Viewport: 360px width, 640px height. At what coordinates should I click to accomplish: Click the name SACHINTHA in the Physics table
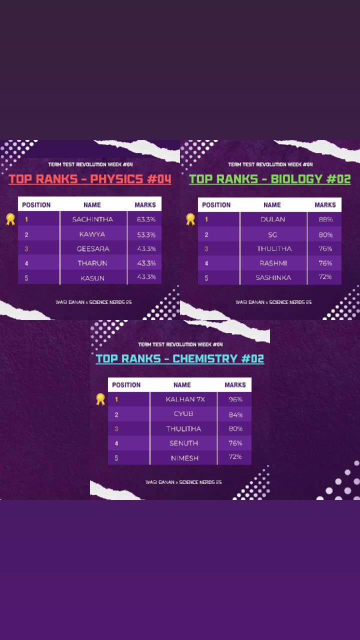[x=92, y=219]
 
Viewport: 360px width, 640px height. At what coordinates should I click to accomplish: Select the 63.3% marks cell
[x=146, y=219]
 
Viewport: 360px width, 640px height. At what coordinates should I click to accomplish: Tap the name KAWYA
[x=92, y=234]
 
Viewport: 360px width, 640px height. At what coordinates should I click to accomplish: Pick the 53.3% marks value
[x=146, y=234]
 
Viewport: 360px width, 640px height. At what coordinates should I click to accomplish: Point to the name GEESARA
[x=93, y=248]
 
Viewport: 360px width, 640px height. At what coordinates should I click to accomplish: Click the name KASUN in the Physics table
[x=92, y=278]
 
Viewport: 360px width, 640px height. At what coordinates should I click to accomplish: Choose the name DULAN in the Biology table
[x=272, y=219]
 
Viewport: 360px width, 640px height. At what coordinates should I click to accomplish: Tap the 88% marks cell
[x=325, y=219]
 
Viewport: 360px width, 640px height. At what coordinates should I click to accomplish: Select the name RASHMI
[x=273, y=263]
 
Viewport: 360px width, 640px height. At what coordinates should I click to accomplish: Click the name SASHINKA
[x=273, y=277]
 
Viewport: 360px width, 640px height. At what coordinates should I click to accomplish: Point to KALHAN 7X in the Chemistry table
[x=185, y=399]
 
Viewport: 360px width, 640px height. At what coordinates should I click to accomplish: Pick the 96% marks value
[x=235, y=399]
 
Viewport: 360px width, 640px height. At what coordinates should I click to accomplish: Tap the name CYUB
[x=183, y=413]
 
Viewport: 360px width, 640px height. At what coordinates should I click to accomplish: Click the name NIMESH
[x=184, y=458]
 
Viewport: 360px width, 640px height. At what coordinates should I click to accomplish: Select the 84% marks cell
[x=235, y=414]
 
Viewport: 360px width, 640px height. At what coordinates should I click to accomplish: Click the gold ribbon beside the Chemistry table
[x=100, y=399]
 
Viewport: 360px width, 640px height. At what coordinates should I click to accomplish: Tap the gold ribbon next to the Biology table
[x=190, y=219]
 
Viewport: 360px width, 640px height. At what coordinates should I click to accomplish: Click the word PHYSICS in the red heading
[x=116, y=179]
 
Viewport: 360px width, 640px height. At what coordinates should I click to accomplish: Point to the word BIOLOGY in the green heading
[x=296, y=179]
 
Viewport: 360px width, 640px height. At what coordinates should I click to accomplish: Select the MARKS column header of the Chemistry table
[x=235, y=385]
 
